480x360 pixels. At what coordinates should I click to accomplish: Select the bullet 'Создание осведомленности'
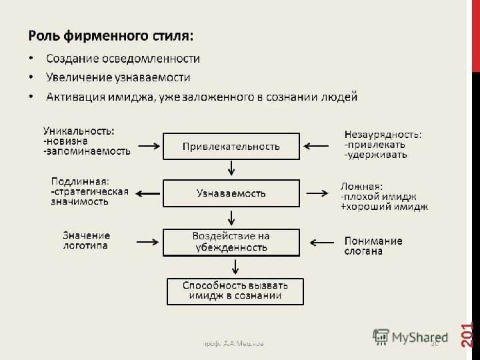(x=123, y=58)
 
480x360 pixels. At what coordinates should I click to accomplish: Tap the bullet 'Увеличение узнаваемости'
(x=118, y=77)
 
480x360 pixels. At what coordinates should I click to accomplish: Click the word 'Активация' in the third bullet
(x=73, y=97)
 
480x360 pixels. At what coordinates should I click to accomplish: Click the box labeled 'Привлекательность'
(x=231, y=146)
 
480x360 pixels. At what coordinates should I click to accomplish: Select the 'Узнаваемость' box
(x=231, y=193)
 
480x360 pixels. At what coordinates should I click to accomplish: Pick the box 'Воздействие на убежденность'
(x=231, y=241)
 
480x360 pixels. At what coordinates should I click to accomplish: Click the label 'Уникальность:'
(x=78, y=131)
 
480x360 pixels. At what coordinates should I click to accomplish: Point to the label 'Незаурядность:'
(x=383, y=134)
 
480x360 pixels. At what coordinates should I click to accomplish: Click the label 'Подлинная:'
(x=81, y=180)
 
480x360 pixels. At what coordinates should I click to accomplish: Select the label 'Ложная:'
(x=361, y=187)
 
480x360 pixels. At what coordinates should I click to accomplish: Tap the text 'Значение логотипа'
(x=86, y=240)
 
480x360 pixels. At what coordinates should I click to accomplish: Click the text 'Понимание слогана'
(x=373, y=246)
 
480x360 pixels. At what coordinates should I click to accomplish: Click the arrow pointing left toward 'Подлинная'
(x=148, y=193)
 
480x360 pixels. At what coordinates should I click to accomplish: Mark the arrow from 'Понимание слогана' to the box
(x=319, y=241)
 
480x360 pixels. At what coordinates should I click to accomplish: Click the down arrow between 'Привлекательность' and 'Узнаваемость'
(x=231, y=169)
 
